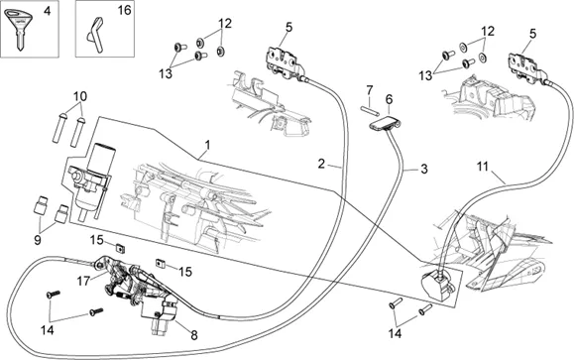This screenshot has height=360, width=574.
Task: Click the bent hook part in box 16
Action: tap(96, 35)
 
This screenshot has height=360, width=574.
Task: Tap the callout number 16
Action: tap(125, 10)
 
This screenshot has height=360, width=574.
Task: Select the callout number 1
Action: tap(208, 145)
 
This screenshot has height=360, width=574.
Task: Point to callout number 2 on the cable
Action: tap(321, 164)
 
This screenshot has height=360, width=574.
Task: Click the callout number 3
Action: tap(424, 170)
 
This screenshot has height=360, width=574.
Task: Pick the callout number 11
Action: tap(483, 167)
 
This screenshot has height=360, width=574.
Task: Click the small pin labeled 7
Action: tap(370, 109)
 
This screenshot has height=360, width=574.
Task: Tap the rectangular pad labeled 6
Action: tap(385, 123)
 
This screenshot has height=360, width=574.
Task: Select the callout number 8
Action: tap(194, 335)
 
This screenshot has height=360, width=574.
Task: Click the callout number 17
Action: tap(83, 281)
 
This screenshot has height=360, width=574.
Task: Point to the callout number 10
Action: tap(80, 96)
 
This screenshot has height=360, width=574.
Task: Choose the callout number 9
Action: tap(38, 240)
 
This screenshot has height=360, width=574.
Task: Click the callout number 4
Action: tap(48, 11)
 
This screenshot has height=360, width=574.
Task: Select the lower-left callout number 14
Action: tap(48, 330)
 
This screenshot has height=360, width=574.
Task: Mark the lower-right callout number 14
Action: tap(396, 333)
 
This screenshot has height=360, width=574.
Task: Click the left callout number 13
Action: tap(166, 73)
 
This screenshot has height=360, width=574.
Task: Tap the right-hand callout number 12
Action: tap(488, 31)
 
